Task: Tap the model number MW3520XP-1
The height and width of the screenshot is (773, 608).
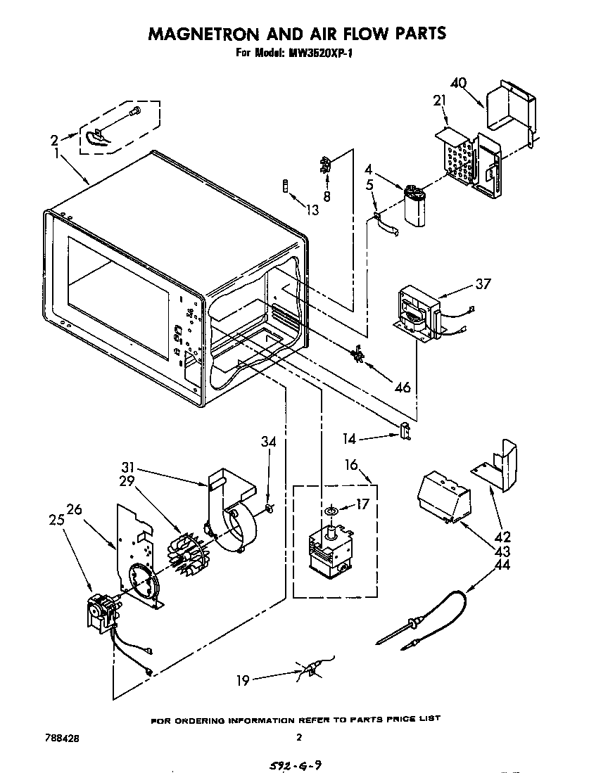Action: pos(320,53)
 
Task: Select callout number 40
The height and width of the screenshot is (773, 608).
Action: pos(458,83)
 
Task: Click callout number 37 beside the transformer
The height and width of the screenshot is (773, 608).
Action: pos(483,284)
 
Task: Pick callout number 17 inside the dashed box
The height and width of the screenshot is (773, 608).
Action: pos(362,504)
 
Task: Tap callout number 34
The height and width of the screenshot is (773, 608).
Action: pos(268,442)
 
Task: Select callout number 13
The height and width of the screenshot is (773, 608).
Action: pos(312,210)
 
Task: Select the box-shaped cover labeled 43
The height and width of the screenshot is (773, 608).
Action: pos(443,497)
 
